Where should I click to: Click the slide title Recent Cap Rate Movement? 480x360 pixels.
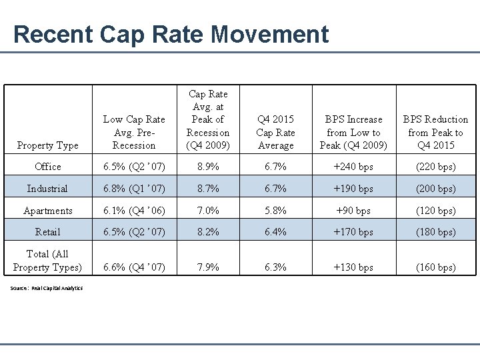[x=171, y=34]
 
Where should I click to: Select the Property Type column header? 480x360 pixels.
[x=47, y=145]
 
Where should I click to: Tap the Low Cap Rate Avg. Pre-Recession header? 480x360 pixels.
[x=134, y=132]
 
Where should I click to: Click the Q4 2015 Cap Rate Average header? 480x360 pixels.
[x=275, y=132]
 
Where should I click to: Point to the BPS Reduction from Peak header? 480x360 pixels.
[x=436, y=132]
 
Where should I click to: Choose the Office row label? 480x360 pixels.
[x=47, y=167]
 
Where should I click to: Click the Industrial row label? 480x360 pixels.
[x=47, y=189]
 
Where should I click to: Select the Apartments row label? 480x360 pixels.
[x=47, y=211]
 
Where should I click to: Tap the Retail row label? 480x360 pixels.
[x=47, y=232]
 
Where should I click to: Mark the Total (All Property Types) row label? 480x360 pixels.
[x=47, y=261]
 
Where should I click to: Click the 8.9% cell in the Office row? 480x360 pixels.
[x=208, y=167]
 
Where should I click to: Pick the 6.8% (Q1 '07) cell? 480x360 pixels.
[x=134, y=189]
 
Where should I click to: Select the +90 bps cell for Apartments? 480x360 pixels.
[x=354, y=211]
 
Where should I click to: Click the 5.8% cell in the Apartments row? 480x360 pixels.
[x=275, y=211]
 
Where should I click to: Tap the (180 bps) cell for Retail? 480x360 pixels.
[x=436, y=232]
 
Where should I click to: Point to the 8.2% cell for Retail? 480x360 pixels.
[x=208, y=232]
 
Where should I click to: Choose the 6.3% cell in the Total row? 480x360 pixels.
[x=275, y=267]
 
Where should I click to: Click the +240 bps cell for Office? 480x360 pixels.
[x=354, y=167]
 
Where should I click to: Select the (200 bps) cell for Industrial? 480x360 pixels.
[x=436, y=189]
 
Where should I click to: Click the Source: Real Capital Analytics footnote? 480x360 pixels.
[x=47, y=288]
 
